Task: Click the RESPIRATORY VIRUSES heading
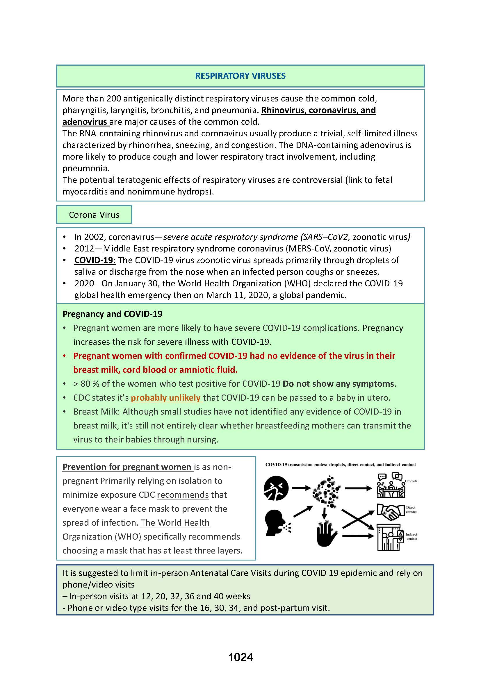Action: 240,76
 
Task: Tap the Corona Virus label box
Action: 94,215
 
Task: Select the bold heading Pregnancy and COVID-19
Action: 112,314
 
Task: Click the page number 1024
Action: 240,657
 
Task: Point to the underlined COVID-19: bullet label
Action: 95,260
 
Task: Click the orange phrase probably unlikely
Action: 166,397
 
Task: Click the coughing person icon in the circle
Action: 276,488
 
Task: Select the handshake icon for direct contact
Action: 390,512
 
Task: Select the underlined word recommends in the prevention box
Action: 183,495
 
